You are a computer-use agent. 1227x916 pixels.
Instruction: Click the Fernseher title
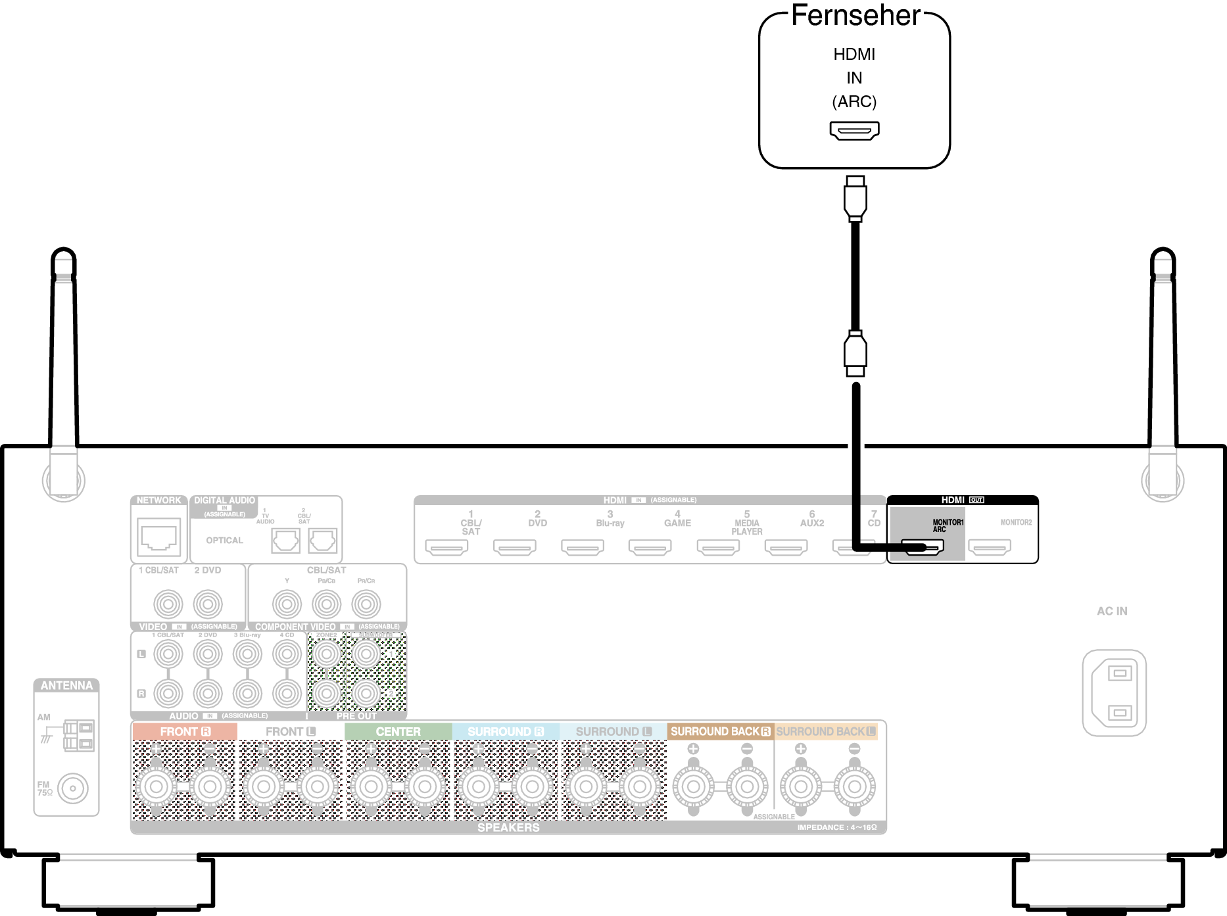pyautogui.click(x=855, y=16)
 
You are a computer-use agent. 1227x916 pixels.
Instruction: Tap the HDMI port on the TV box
pyautogui.click(x=854, y=131)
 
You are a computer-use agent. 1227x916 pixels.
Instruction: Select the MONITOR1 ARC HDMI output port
pyautogui.click(x=923, y=546)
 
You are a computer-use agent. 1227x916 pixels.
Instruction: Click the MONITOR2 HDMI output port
pyautogui.click(x=990, y=547)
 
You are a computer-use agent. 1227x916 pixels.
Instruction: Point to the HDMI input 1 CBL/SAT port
pyautogui.click(x=446, y=547)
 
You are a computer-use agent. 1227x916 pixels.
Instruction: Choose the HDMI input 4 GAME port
pyautogui.click(x=650, y=547)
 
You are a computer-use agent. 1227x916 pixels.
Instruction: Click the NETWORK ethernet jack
pyautogui.click(x=158, y=536)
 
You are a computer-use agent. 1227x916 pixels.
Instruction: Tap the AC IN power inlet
pyautogui.click(x=1114, y=693)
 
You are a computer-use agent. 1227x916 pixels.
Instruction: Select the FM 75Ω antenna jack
pyautogui.click(x=72, y=788)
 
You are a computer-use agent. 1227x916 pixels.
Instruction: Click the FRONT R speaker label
pyautogui.click(x=185, y=731)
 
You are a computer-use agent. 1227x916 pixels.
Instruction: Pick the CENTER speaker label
pyautogui.click(x=398, y=731)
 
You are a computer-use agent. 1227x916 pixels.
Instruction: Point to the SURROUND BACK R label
pyautogui.click(x=720, y=731)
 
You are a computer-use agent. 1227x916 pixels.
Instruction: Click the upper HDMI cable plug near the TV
pyautogui.click(x=855, y=198)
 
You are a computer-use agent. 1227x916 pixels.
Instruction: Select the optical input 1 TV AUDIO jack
pyautogui.click(x=286, y=541)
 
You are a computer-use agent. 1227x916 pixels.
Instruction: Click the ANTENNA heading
pyautogui.click(x=66, y=685)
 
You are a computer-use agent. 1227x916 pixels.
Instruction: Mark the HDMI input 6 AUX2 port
pyautogui.click(x=786, y=547)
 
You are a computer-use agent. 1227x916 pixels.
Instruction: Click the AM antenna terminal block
pyautogui.click(x=79, y=736)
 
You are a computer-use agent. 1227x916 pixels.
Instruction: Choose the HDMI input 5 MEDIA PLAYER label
pyautogui.click(x=746, y=523)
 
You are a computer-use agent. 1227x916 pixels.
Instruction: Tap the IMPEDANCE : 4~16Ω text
pyautogui.click(x=836, y=827)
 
